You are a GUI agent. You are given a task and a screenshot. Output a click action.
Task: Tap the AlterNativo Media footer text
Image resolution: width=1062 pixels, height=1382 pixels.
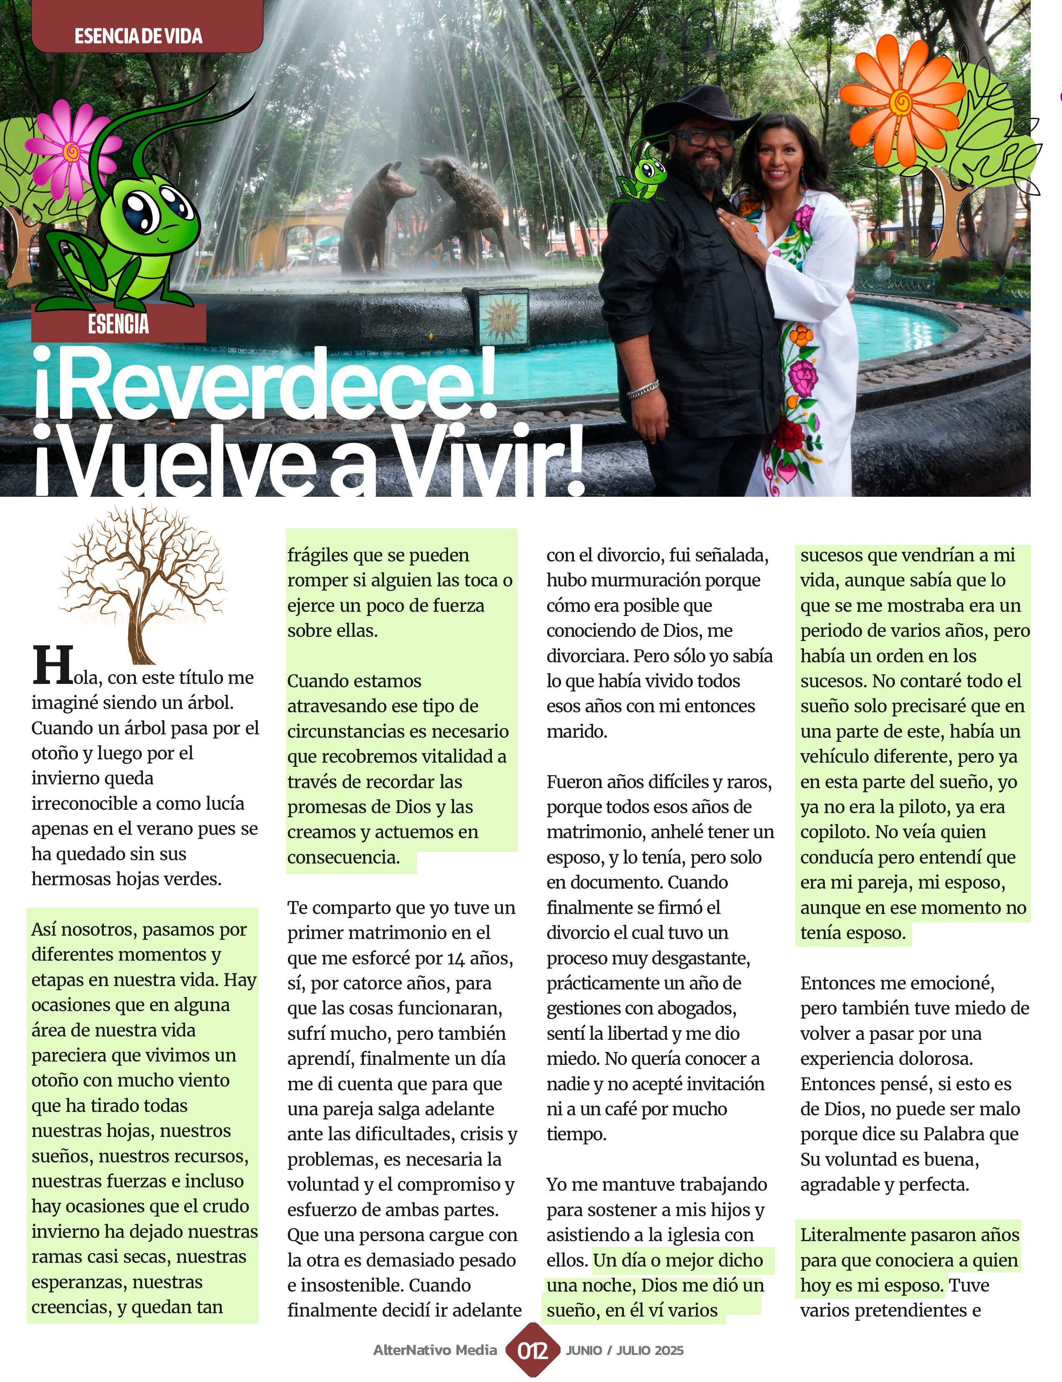(435, 1350)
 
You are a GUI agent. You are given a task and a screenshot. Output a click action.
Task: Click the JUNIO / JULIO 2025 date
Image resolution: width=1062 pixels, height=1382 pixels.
(624, 1350)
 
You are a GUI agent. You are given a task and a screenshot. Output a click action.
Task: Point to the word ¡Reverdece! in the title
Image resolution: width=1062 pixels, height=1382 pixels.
(265, 386)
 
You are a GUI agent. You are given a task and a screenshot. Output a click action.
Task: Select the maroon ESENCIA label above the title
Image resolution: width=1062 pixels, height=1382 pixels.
(119, 323)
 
